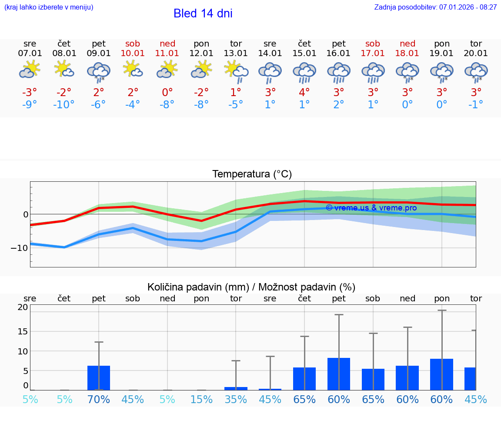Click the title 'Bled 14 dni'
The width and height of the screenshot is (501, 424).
(203, 13)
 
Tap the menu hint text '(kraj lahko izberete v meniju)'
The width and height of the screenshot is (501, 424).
(49, 7)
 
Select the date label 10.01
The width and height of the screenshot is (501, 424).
(133, 53)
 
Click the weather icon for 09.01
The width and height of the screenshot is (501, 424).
(99, 72)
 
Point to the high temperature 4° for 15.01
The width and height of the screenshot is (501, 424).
(304, 93)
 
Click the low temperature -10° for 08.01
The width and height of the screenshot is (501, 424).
(64, 105)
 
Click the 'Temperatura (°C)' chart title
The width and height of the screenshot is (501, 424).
(252, 174)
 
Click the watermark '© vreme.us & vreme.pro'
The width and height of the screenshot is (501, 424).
(371, 208)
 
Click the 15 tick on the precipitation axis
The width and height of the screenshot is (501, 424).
(23, 331)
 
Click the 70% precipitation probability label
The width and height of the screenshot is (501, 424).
(99, 399)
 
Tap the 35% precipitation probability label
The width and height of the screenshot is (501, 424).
(236, 399)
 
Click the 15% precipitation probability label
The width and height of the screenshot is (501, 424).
(201, 399)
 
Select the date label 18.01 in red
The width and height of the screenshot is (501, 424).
(407, 53)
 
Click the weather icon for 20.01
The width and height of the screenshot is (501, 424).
(476, 72)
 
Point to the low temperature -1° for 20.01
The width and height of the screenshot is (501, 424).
(476, 105)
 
